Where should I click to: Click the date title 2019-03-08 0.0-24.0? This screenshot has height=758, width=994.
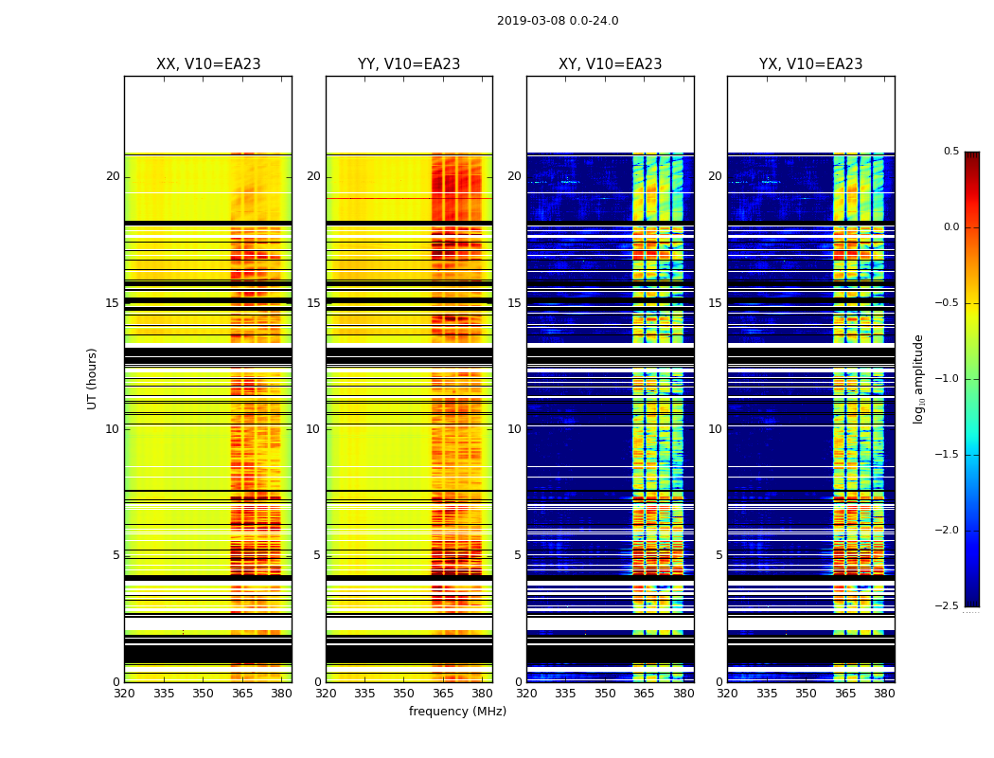coord(558,21)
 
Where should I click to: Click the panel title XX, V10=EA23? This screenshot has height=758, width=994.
coord(208,64)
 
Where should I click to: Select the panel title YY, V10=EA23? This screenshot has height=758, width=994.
coord(409,64)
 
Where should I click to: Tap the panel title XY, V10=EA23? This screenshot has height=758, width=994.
coord(610,64)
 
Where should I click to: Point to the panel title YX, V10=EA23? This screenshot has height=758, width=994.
coord(810,64)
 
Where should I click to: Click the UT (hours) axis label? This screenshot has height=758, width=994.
coord(92,378)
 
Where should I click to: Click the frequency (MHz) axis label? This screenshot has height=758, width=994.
coord(457,712)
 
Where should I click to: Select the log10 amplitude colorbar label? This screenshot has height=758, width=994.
coord(918,378)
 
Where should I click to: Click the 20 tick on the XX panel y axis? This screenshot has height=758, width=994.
coord(113,176)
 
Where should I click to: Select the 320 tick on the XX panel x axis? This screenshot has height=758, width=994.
coord(124,693)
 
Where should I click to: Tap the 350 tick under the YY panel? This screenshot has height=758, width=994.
coord(403,693)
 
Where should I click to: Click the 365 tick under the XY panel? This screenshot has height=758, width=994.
coord(644,693)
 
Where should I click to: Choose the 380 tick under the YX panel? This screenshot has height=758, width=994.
coord(884,693)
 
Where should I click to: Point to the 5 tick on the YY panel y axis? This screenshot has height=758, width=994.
coord(317,555)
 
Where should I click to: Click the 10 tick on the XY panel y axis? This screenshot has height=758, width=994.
coord(514,429)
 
